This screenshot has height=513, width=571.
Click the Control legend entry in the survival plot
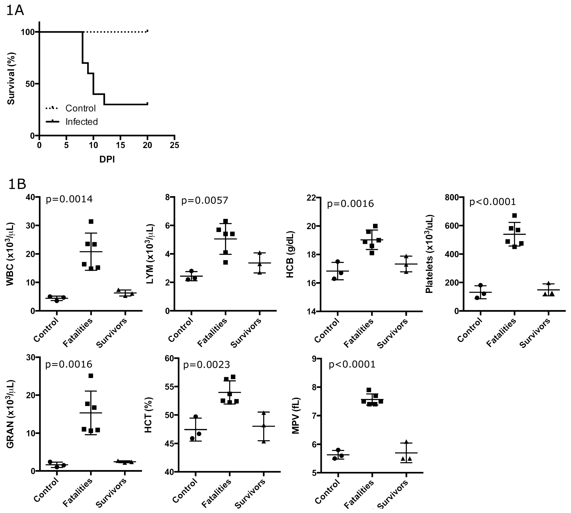point(80,108)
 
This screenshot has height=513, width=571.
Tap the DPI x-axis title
point(107,160)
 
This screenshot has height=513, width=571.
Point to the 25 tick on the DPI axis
point(174,145)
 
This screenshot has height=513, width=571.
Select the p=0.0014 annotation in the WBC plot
point(69,199)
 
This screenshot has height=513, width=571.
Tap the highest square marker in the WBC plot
point(91,222)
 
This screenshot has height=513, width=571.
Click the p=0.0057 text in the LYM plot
point(205,200)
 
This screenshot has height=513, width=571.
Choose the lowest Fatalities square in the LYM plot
point(225,262)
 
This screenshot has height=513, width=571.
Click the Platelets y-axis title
point(430,254)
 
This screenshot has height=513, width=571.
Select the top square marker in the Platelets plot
point(514,216)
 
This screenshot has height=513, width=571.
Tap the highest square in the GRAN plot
point(91,376)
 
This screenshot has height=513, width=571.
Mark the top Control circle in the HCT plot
point(196,417)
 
